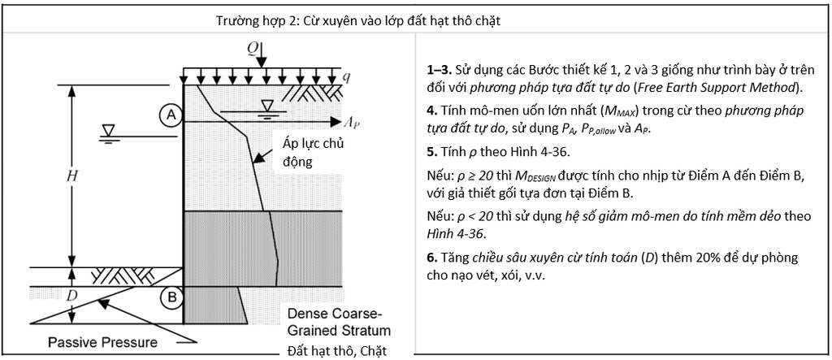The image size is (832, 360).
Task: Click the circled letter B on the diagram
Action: pos(172,297)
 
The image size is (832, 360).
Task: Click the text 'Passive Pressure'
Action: pos(103,342)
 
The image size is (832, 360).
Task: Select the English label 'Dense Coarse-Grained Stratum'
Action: pos(339,322)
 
